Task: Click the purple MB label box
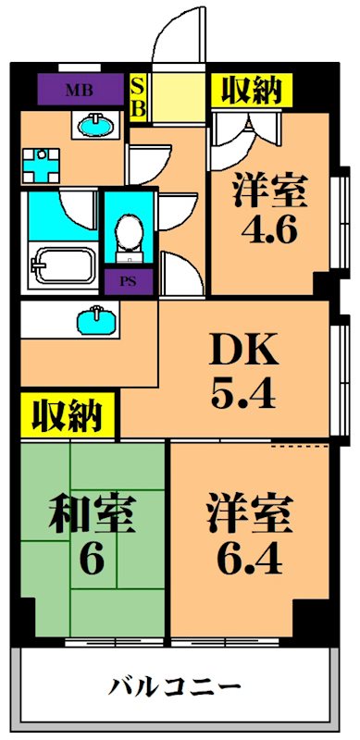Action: (78, 90)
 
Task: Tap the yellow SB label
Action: (138, 95)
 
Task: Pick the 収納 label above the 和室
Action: (68, 416)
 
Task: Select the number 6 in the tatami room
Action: (91, 559)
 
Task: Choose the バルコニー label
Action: (176, 687)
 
